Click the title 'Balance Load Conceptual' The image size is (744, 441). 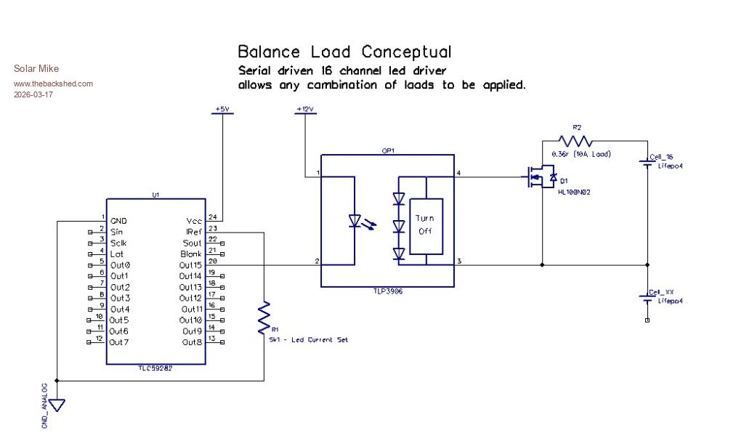tap(344, 52)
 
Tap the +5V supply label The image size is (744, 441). tap(222, 109)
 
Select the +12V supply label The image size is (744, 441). tap(304, 109)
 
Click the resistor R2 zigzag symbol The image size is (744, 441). tap(575, 141)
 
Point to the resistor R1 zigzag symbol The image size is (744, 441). tap(264, 317)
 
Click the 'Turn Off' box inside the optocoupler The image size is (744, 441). tap(425, 224)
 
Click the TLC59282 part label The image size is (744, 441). tap(155, 368)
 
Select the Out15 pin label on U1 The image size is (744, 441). tap(190, 265)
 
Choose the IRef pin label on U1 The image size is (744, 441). tap(194, 232)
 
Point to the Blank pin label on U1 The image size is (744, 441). tap(191, 254)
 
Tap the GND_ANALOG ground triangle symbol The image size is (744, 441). tap(56, 403)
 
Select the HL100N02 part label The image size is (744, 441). tap(573, 192)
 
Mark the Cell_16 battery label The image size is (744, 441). tap(661, 158)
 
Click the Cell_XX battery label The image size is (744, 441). tap(661, 292)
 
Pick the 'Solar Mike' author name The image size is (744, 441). tap(36, 69)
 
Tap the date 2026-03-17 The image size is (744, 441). tap(33, 94)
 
